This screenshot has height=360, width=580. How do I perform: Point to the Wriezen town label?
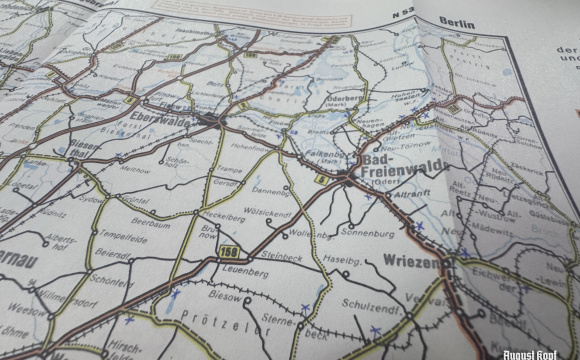pyautogui.click(x=411, y=262)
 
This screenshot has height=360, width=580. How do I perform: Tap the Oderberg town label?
pyautogui.click(x=341, y=100)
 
